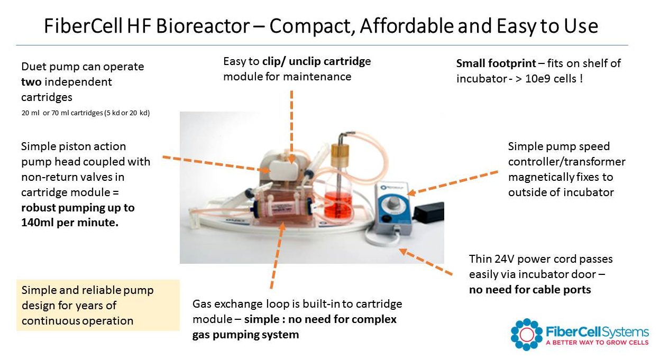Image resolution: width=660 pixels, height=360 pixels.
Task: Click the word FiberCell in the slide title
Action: tap(83, 25)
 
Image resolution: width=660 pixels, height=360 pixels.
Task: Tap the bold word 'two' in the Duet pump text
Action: tap(31, 82)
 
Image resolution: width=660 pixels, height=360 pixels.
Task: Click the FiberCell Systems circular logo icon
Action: tap(527, 335)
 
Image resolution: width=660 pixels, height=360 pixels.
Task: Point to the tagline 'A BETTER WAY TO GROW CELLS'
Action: tap(597, 343)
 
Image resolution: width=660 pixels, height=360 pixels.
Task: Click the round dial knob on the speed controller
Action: tap(392, 202)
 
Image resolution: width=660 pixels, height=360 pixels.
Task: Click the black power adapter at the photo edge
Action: tap(429, 211)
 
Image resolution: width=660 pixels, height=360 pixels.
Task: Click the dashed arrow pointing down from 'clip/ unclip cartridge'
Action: tap(291, 127)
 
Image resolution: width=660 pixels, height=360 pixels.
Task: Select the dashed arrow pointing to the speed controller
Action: tap(452, 183)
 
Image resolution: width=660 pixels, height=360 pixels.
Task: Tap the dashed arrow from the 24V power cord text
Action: tap(426, 262)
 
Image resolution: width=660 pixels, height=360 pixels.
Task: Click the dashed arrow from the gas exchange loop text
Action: tap(277, 255)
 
